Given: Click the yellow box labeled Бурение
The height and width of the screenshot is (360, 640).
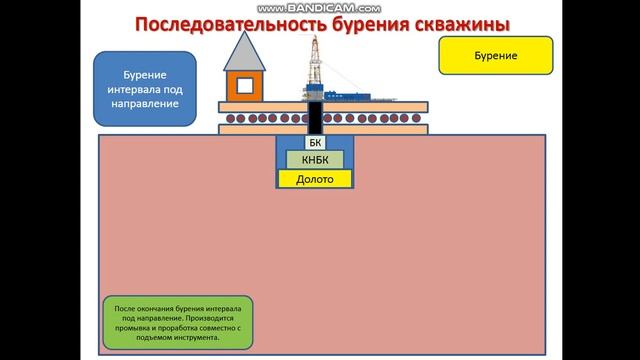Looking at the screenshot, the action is tap(495, 57).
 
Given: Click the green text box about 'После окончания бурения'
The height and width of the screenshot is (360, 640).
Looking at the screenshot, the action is tap(178, 322).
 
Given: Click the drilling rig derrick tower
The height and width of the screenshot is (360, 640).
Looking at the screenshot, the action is tap(316, 62).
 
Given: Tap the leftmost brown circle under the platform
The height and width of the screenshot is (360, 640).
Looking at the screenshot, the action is tap(229, 126).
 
